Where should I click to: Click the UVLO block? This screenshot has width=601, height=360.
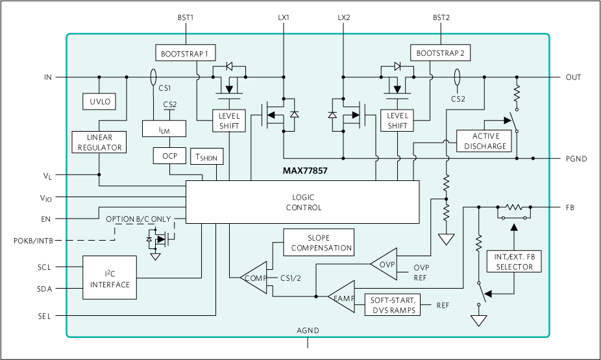point(99,101)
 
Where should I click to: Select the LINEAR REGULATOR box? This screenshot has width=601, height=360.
point(99,142)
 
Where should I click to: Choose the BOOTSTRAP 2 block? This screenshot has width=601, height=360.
point(441,53)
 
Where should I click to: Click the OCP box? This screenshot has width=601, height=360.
point(170,156)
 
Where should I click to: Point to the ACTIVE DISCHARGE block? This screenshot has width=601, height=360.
point(484,141)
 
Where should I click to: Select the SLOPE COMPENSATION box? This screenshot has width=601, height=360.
point(319,243)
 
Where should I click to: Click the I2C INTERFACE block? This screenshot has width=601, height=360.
point(110,278)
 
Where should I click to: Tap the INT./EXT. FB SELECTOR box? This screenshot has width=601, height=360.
point(514,261)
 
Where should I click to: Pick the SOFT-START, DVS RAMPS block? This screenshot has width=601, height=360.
point(393,305)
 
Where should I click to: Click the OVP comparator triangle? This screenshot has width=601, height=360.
point(384,264)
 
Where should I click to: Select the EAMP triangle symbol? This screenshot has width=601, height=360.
point(341,296)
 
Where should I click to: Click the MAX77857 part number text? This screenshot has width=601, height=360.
point(305,171)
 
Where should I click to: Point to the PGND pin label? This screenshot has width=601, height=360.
point(576,158)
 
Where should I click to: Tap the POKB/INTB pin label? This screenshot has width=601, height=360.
point(33,241)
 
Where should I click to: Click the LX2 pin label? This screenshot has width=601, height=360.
point(344,18)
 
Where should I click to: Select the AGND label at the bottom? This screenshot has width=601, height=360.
point(308,331)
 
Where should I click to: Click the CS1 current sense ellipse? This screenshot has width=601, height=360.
point(153,77)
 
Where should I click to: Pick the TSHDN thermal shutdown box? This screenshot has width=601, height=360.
point(206,156)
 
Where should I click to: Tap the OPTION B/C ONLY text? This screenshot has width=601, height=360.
point(138,219)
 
